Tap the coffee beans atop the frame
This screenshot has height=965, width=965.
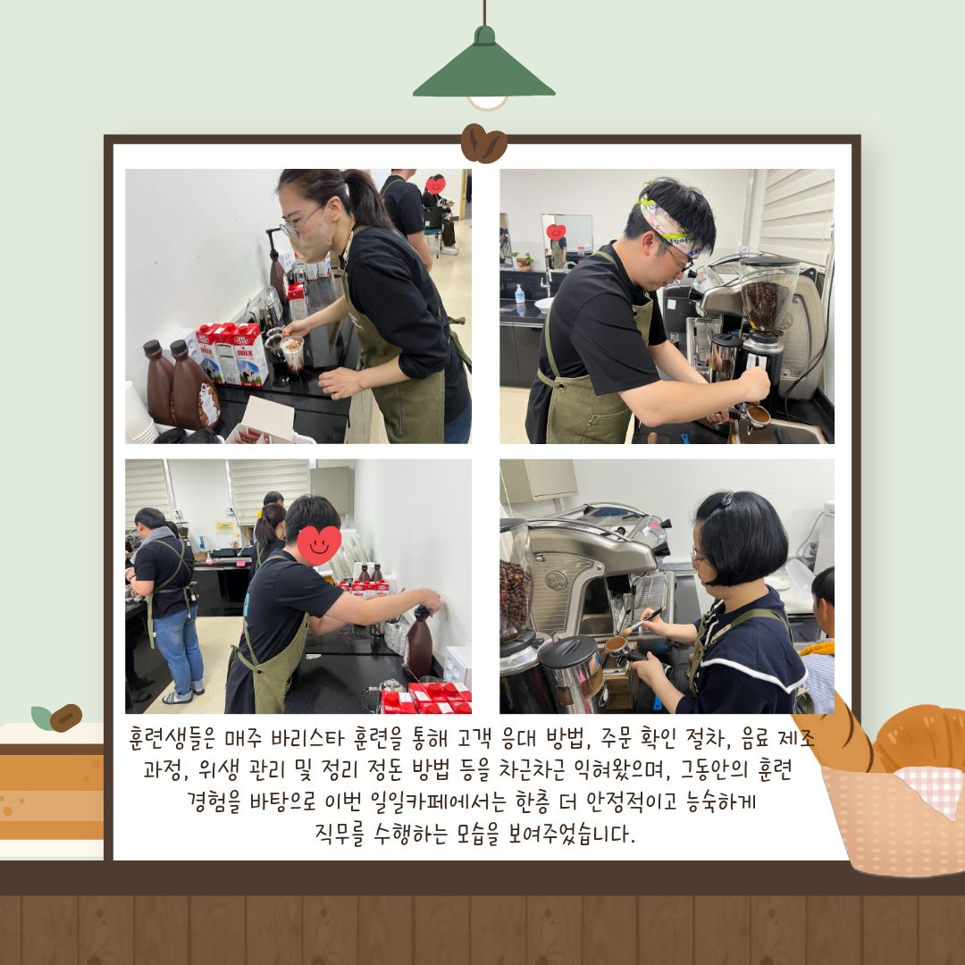tap(483, 144)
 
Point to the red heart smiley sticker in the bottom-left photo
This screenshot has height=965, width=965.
tap(319, 544)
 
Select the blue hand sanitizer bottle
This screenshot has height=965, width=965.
tap(519, 294)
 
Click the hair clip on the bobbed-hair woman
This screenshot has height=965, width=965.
tap(728, 498)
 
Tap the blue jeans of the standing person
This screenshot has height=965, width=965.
tap(179, 650)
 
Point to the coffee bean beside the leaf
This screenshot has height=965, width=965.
tap(65, 717)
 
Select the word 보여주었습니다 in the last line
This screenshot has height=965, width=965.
tap(567, 834)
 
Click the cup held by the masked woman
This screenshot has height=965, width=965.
tap(293, 353)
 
